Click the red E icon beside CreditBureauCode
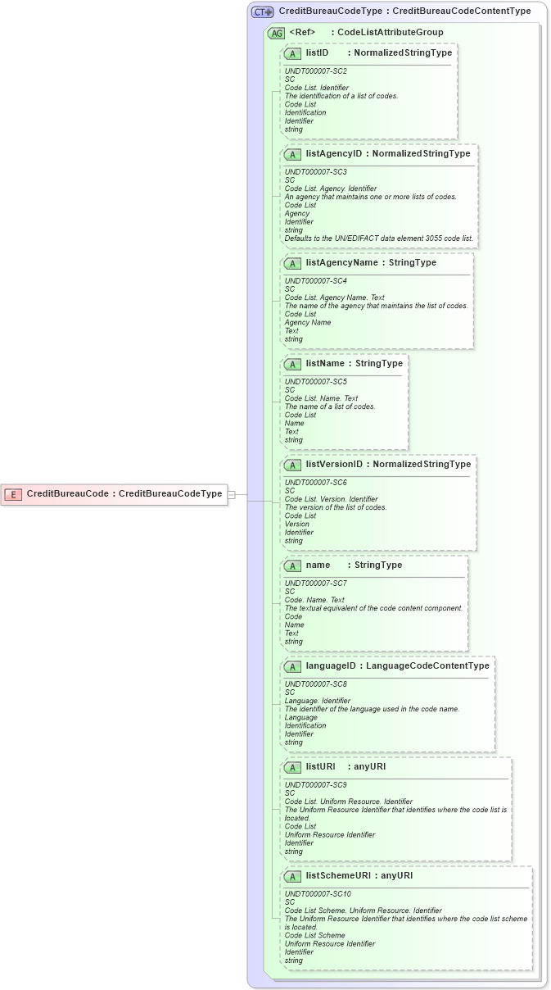(x=13, y=494)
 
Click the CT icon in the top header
(x=262, y=12)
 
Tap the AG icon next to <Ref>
(x=277, y=34)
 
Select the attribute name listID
(x=317, y=52)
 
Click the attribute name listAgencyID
(x=334, y=153)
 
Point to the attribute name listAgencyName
(x=341, y=263)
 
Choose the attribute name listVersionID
(x=334, y=465)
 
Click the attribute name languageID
(x=331, y=665)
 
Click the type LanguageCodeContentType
(x=427, y=665)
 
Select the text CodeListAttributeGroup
(x=391, y=33)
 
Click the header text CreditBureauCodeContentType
(x=462, y=11)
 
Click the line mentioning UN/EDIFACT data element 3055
(x=378, y=238)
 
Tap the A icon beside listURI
(x=292, y=768)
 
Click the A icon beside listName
(x=292, y=364)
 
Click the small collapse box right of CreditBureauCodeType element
(x=232, y=494)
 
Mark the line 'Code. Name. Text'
(x=314, y=600)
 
